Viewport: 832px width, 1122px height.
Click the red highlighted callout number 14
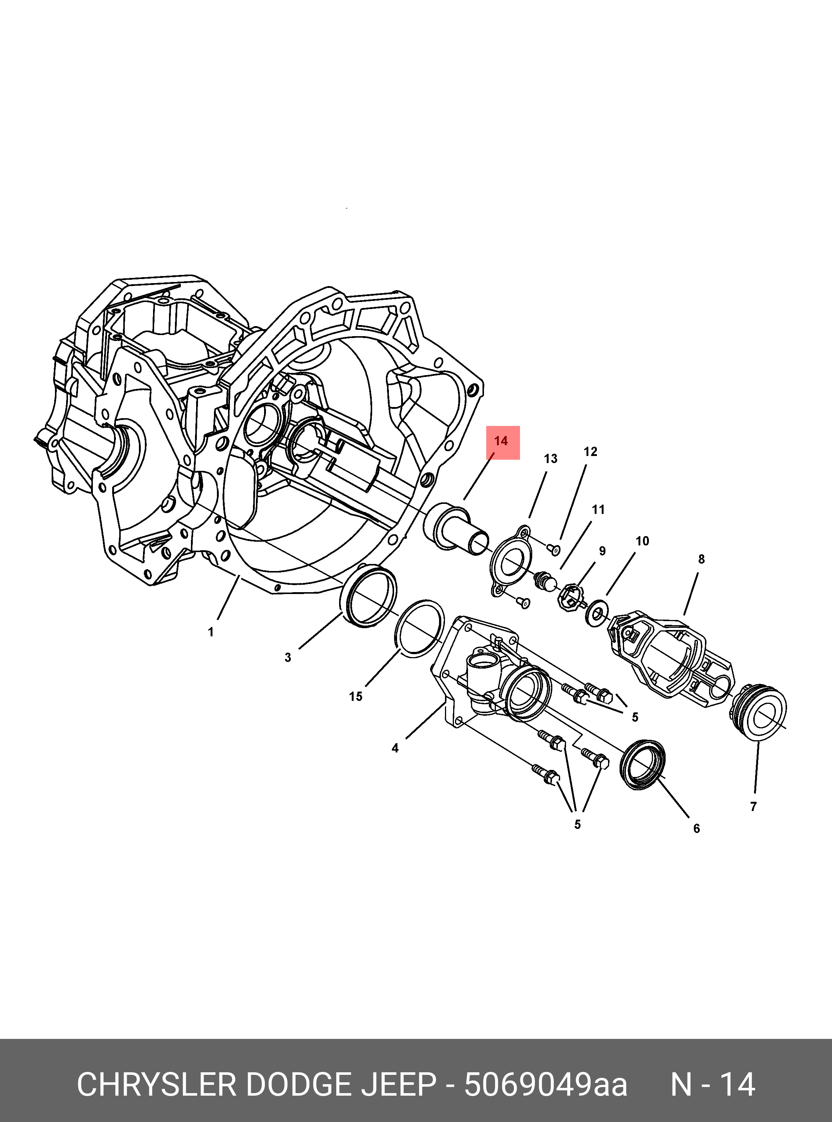click(501, 441)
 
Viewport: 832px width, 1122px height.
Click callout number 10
click(642, 541)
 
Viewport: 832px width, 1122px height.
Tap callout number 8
click(701, 559)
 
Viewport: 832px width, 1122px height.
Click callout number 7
click(753, 807)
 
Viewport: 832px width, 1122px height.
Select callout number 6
click(696, 828)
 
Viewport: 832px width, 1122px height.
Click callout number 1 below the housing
click(211, 632)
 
